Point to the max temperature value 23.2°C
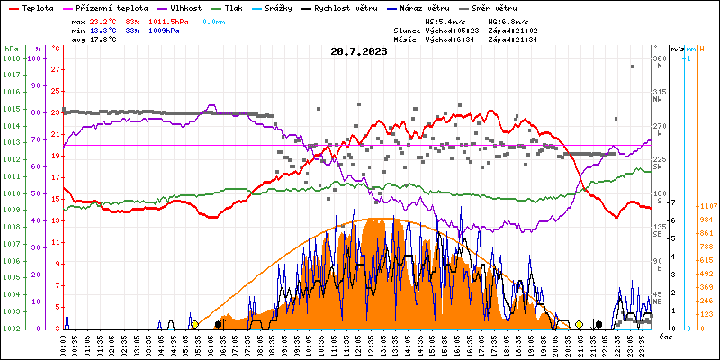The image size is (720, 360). tap(104, 21)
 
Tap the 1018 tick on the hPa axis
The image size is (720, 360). tap(11, 58)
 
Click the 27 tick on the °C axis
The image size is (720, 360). tap(57, 69)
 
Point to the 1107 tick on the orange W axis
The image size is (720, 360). tap(706, 206)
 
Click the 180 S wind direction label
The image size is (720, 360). tap(658, 197)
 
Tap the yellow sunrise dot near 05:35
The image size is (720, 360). tap(195, 324)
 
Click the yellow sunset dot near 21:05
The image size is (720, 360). tap(579, 324)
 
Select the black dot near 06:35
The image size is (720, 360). tap(219, 324)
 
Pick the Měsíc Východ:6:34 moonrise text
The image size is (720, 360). tap(441, 39)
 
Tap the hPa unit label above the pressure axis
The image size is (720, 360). tap(11, 49)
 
